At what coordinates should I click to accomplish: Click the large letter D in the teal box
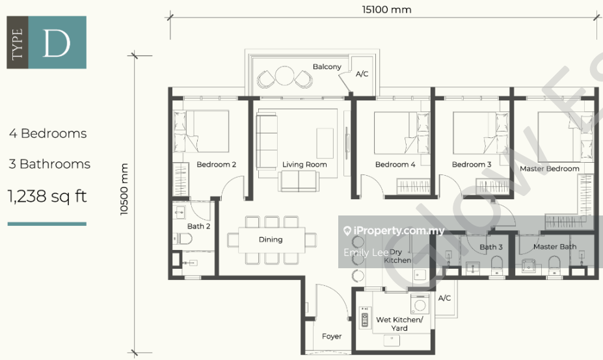(x=57, y=43)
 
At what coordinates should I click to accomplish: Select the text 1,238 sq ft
(x=47, y=196)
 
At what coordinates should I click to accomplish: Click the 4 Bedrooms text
(x=47, y=133)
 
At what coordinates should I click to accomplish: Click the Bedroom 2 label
(x=216, y=165)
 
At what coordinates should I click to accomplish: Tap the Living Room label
(x=304, y=165)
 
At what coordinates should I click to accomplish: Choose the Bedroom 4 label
(x=395, y=165)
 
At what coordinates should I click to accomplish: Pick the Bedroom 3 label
(x=472, y=165)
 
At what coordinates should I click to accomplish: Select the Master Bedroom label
(x=549, y=169)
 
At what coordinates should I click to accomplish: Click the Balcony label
(x=327, y=67)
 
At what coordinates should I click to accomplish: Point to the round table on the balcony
(x=284, y=76)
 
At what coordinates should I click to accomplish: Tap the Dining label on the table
(x=271, y=240)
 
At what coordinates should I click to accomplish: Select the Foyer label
(x=332, y=337)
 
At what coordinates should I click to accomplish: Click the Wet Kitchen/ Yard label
(x=399, y=324)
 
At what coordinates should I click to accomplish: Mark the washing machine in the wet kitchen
(x=421, y=303)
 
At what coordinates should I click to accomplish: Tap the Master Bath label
(x=554, y=247)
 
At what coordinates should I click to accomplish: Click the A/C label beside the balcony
(x=362, y=74)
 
